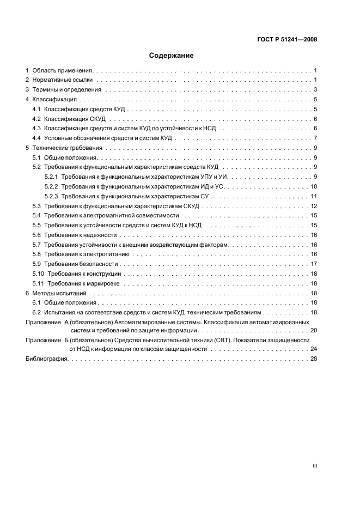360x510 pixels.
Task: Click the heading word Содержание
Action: click(172, 56)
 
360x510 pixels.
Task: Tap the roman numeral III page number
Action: click(314, 466)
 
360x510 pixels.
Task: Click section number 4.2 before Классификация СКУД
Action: click(36, 119)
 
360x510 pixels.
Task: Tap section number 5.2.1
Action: click(51, 177)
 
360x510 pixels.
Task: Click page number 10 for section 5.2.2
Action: click(314, 187)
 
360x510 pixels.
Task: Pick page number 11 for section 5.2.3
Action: click(314, 196)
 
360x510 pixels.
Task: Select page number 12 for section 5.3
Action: click(314, 206)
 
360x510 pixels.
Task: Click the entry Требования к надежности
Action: click(81, 235)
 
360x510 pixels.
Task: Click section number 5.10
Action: click(38, 274)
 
